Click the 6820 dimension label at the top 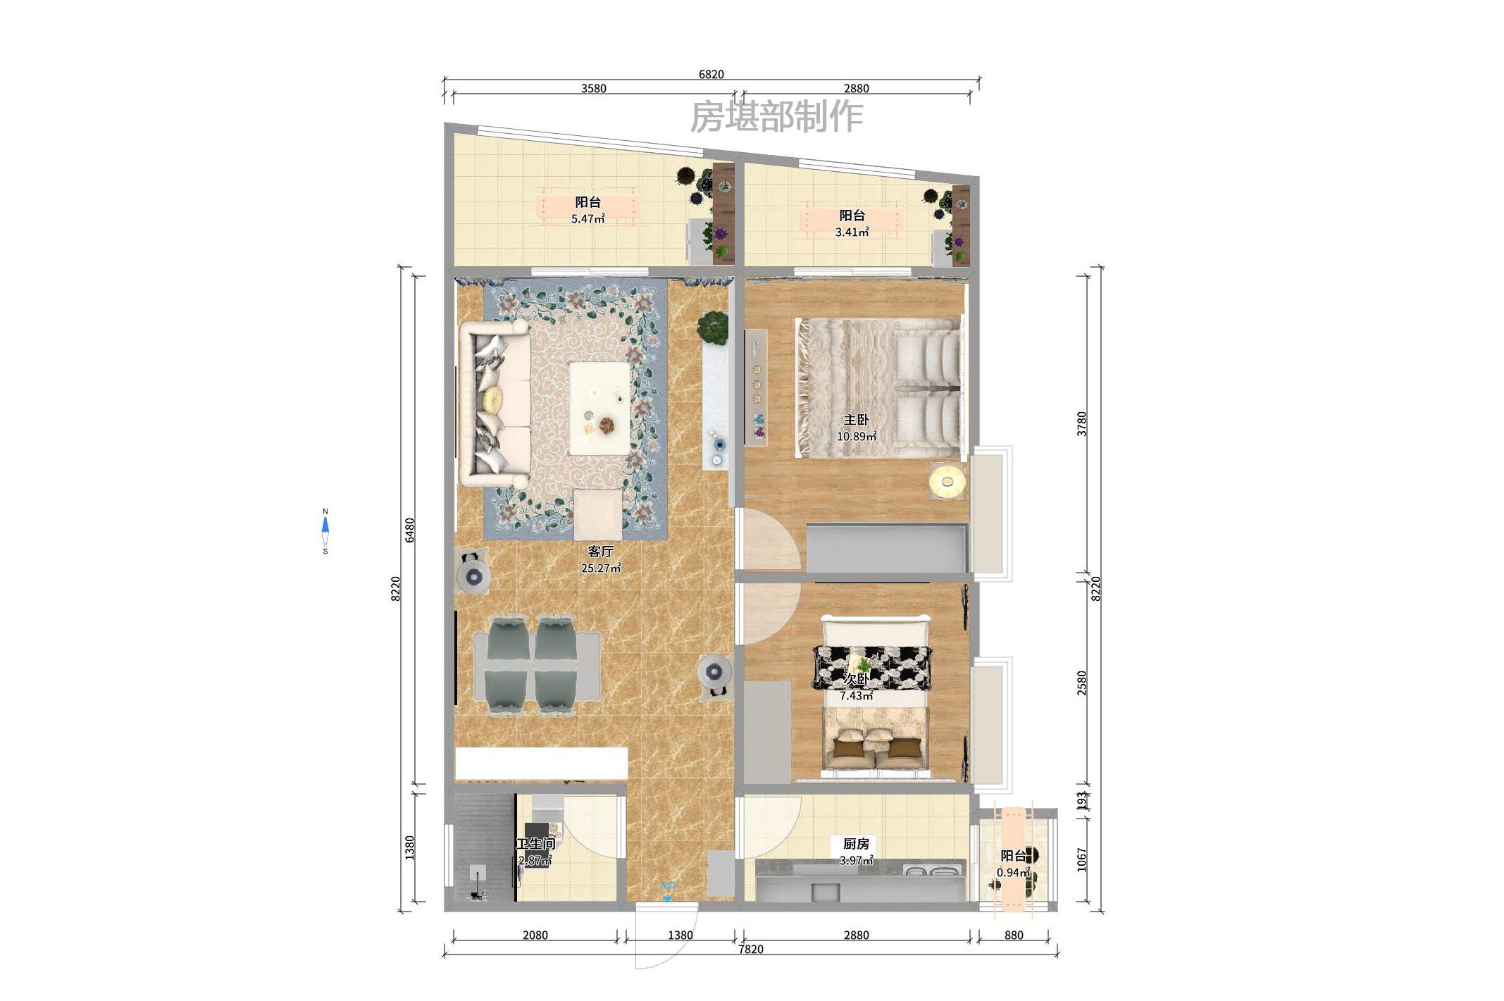(x=711, y=74)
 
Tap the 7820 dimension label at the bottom (x=750, y=949)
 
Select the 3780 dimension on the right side (x=1081, y=423)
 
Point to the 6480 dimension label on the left (x=409, y=530)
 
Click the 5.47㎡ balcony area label (x=588, y=219)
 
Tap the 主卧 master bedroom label (x=856, y=419)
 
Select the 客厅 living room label (x=600, y=551)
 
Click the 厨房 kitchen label (x=856, y=843)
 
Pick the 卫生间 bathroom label (x=535, y=843)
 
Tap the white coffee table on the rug (x=599, y=408)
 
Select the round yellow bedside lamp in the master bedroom (x=947, y=482)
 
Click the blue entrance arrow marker (x=667, y=899)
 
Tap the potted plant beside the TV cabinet (x=713, y=328)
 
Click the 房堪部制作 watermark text (x=776, y=116)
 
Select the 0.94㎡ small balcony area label (x=1013, y=872)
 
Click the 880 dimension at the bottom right (x=1013, y=935)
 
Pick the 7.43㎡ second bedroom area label (x=856, y=695)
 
